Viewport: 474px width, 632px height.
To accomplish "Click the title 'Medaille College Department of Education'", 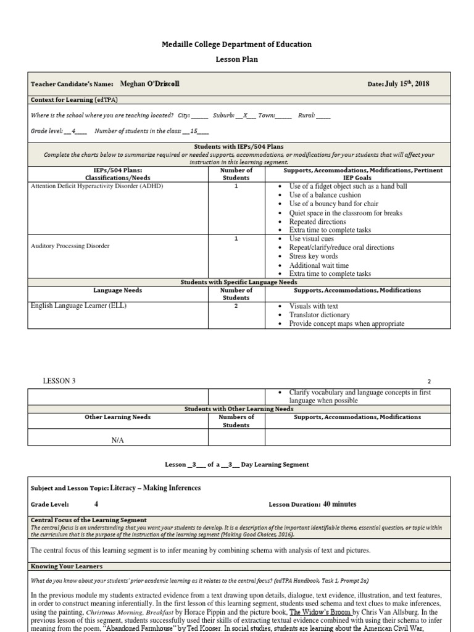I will click(x=236, y=44).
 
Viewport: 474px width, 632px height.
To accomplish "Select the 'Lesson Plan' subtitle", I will click(x=236, y=60).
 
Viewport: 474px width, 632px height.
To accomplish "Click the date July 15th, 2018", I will click(x=407, y=84).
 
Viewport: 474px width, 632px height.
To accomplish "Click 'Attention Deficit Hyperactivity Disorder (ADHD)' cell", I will click(x=97, y=186).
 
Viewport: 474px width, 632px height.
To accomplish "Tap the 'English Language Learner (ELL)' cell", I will click(x=78, y=306).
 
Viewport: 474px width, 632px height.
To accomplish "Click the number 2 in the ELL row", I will click(x=236, y=306).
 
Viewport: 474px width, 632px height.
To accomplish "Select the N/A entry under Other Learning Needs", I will click(x=118, y=440).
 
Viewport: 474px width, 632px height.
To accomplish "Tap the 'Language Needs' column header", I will click(x=117, y=290).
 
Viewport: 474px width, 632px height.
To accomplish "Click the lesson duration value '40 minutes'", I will click(x=339, y=504).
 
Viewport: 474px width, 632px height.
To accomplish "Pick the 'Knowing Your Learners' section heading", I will click(x=67, y=566).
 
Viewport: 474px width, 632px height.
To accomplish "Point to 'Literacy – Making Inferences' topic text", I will click(x=156, y=488).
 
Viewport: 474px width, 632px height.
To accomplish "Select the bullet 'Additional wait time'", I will click(x=320, y=265).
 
